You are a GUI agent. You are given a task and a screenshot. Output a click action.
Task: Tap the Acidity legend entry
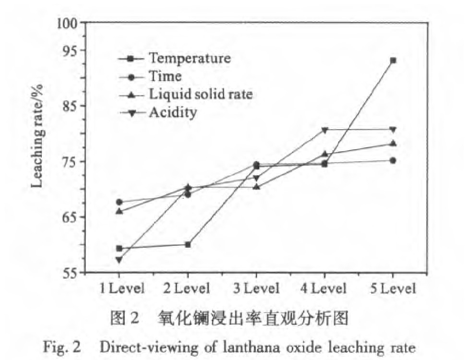point(172,113)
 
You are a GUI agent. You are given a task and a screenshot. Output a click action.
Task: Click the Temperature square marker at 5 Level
point(393,60)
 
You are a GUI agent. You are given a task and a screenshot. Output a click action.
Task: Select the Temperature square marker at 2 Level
point(188,244)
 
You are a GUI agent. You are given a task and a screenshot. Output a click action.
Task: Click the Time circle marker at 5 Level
point(393,160)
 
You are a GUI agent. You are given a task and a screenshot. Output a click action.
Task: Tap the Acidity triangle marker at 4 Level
point(325,130)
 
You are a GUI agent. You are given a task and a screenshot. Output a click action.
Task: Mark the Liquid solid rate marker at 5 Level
point(393,143)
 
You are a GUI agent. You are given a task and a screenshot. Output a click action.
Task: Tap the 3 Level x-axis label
point(256,288)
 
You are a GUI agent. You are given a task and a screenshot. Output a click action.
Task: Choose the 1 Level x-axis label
point(122,288)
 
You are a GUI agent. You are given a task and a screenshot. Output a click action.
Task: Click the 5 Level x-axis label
point(393,288)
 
